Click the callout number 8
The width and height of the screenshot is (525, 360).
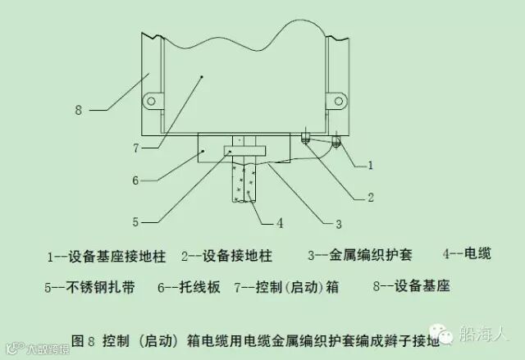click(x=78, y=109)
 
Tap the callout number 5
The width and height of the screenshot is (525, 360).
click(x=139, y=220)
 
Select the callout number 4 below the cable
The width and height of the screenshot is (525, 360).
click(x=279, y=221)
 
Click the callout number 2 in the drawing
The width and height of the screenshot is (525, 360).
click(x=370, y=197)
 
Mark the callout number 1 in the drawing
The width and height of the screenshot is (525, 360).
click(x=370, y=165)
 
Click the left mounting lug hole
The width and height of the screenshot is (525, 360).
click(x=150, y=101)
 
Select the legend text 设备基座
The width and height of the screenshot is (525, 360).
click(x=422, y=287)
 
